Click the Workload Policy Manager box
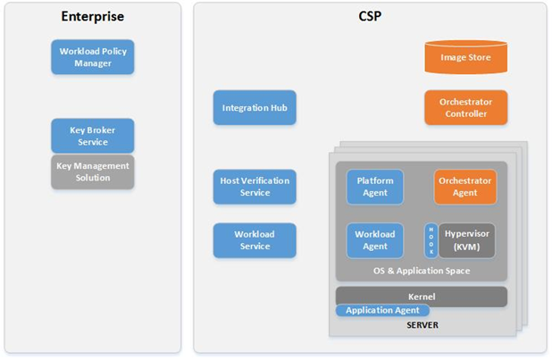click(x=93, y=57)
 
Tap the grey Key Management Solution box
click(x=93, y=172)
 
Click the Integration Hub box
click(x=255, y=108)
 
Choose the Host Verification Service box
click(x=255, y=187)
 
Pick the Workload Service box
click(x=255, y=240)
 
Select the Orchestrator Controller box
click(x=465, y=108)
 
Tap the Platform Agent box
click(x=375, y=187)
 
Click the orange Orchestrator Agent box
click(x=465, y=187)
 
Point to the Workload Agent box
click(x=375, y=240)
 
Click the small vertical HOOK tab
click(x=431, y=240)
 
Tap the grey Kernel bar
click(x=421, y=295)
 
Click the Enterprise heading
click(x=93, y=17)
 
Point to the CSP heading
click(x=370, y=17)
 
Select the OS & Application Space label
click(x=422, y=271)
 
